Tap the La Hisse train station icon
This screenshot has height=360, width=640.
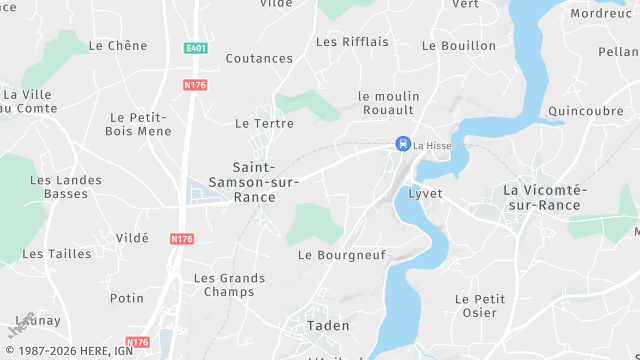402,144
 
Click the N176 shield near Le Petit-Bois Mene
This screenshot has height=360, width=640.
195,86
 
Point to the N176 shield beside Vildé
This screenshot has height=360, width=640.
181,239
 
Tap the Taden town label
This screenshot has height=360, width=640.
328,325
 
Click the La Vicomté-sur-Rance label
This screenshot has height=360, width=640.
541,197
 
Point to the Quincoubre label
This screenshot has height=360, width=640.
586,111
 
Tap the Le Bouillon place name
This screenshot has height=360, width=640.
459,46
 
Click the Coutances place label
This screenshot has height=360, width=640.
259,59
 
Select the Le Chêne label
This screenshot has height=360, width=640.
118,46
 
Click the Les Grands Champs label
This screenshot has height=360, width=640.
229,285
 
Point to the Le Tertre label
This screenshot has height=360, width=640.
264,123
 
